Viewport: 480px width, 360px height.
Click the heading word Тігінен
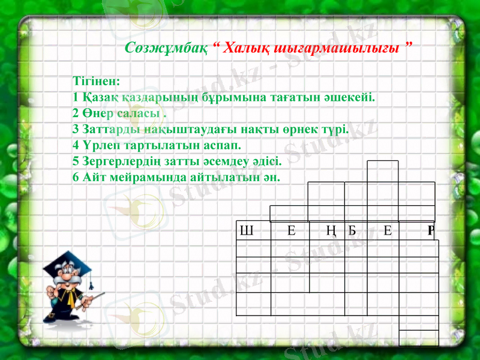[96, 80]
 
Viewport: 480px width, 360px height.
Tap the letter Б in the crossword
[352, 230]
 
